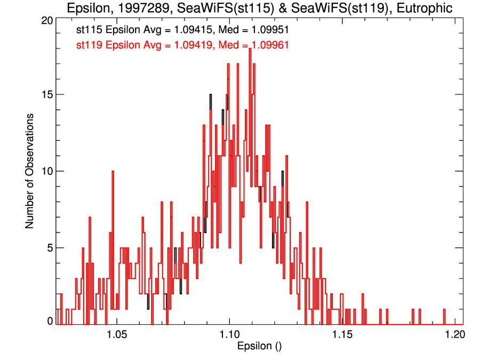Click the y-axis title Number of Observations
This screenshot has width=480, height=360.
(x=30, y=171)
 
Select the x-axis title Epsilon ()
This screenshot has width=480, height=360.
(x=259, y=346)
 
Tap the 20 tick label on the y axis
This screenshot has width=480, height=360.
(x=46, y=20)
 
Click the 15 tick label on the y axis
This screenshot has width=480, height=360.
(x=46, y=94)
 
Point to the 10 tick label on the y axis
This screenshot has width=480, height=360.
(x=46, y=171)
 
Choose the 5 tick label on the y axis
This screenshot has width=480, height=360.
(x=49, y=247)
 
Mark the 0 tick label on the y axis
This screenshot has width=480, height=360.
(x=49, y=321)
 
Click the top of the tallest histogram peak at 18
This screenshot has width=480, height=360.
(x=249, y=49)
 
